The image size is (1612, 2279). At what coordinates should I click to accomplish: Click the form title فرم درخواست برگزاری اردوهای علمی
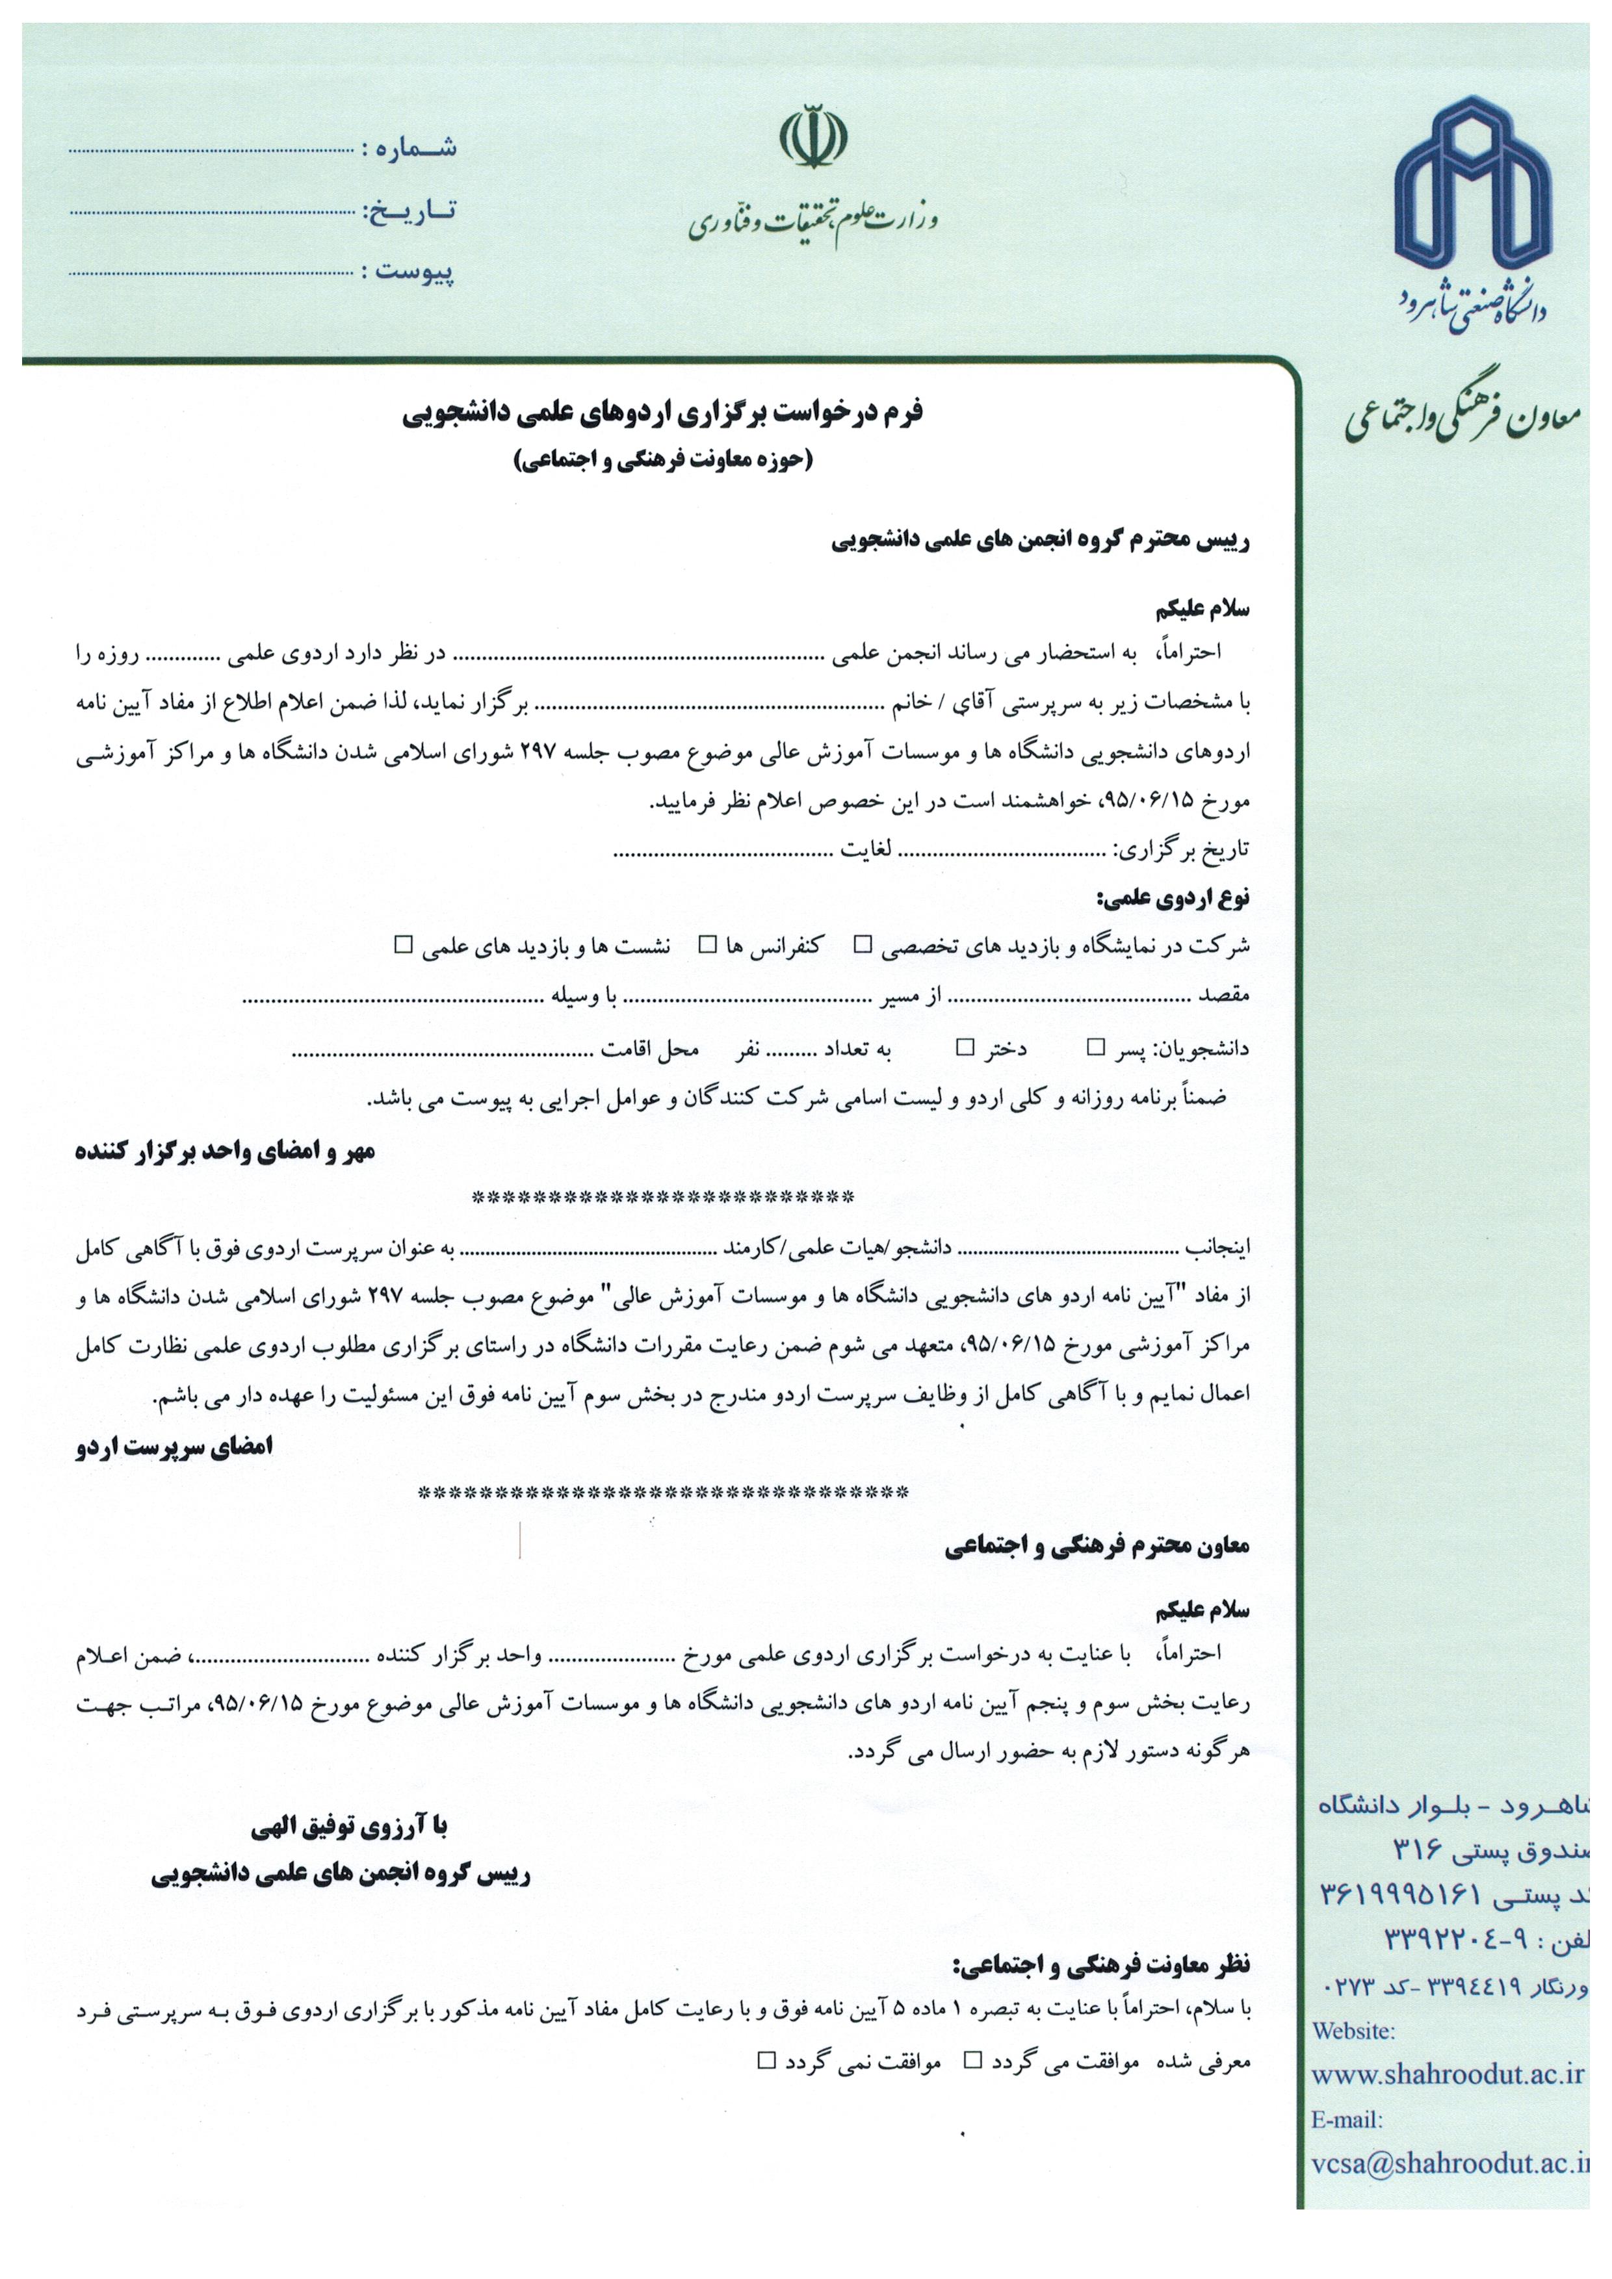coord(663,413)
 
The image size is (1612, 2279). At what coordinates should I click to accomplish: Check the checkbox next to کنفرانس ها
coord(707,944)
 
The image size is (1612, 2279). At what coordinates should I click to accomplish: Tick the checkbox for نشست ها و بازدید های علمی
coord(403,944)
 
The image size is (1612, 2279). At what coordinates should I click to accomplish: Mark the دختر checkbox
coord(965,1047)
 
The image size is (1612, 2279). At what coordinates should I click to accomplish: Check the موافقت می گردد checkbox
coord(974,2061)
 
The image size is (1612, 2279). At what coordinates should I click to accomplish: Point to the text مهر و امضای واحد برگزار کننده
coord(226,1152)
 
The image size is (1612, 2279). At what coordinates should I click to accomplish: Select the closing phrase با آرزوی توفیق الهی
coord(350,1826)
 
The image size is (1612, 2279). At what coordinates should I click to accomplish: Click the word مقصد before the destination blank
coord(1224,994)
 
